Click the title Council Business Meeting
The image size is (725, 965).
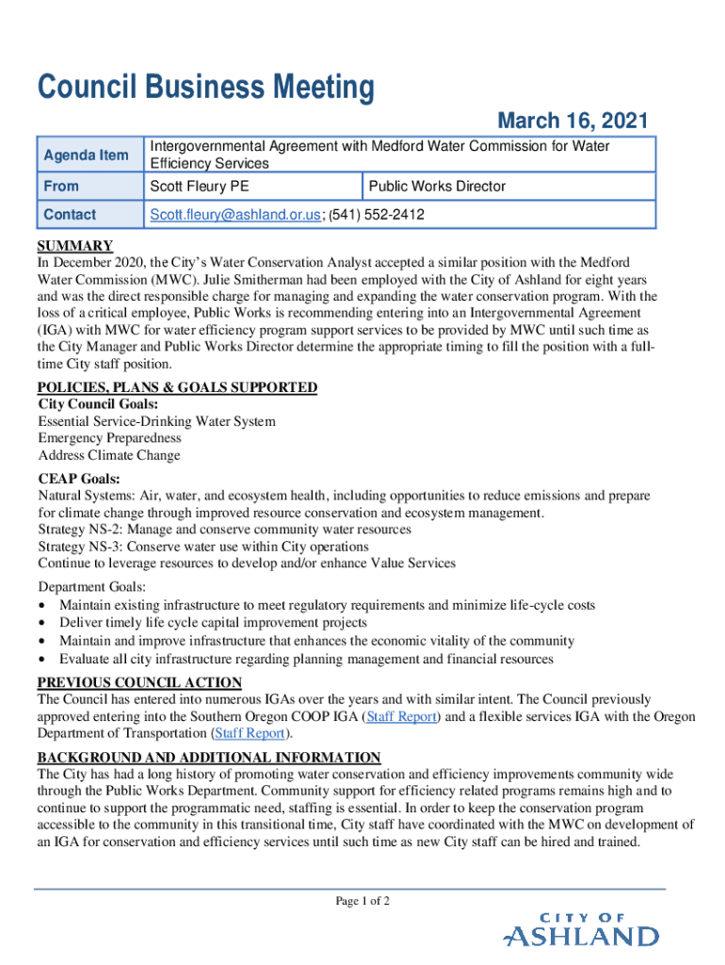point(205,89)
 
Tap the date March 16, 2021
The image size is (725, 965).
point(572,121)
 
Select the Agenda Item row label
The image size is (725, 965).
point(86,155)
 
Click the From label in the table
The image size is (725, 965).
point(61,187)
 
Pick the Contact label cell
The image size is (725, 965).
point(70,215)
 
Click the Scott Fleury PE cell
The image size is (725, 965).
point(200,187)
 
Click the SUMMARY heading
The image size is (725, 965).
point(75,246)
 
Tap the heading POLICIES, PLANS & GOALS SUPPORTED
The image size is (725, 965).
point(177,387)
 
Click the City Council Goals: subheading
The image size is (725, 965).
point(98,404)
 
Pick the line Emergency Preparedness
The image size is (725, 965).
point(109,438)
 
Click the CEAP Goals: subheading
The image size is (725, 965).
point(78,478)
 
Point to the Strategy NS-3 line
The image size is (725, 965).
point(203,546)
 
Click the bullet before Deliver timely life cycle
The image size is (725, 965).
point(42,623)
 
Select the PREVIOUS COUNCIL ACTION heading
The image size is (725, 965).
point(139,682)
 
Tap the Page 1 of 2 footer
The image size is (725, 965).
point(362,901)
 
